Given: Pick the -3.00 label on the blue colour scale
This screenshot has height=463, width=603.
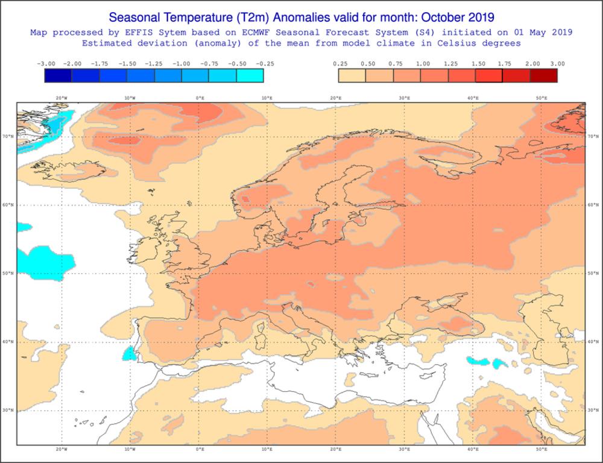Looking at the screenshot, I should click(x=46, y=63).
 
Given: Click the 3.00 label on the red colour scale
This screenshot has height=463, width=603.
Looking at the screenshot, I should click(x=558, y=63).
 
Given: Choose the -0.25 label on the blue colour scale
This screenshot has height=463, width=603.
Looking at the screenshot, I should click(x=264, y=63).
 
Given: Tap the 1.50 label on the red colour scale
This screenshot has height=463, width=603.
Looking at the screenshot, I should click(x=478, y=63).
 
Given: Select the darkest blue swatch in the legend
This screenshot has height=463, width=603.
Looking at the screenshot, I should click(x=58, y=75).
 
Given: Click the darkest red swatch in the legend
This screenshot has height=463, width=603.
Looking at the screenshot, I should click(x=543, y=75).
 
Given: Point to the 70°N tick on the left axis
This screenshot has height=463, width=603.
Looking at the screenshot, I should click(x=9, y=137).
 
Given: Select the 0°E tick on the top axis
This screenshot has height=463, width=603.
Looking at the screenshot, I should click(x=200, y=98).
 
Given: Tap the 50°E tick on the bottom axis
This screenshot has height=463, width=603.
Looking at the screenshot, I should click(x=541, y=450).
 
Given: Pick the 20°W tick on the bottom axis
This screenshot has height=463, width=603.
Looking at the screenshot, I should click(x=62, y=450).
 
